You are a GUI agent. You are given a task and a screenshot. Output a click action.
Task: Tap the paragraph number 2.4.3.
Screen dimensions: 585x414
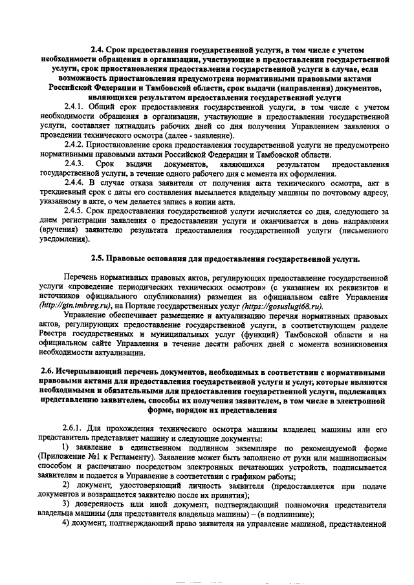[x=74, y=164]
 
